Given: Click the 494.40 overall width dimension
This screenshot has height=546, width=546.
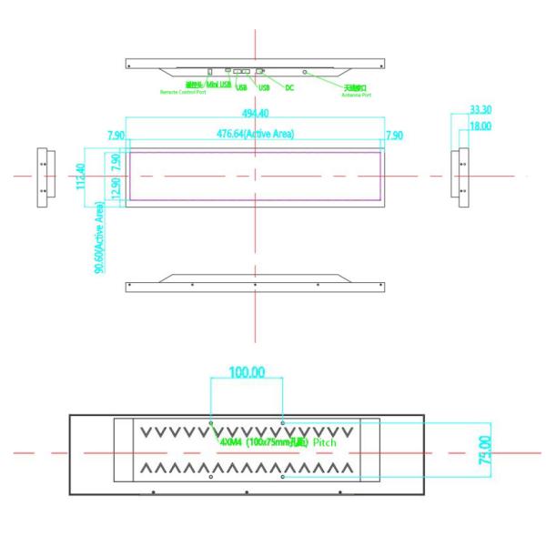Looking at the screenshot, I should tap(255, 114).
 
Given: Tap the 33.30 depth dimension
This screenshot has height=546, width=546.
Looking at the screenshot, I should tap(480, 109).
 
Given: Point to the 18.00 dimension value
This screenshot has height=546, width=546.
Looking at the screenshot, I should tap(480, 126).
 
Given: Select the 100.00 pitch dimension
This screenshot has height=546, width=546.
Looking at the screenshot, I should tap(246, 372).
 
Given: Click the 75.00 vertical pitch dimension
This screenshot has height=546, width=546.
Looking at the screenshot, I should tap(485, 450).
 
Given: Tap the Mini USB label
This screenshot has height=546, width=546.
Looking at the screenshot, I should tap(218, 84).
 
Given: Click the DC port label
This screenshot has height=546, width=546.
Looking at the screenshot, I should tap(289, 88).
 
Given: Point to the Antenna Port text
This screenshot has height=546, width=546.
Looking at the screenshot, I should tap(356, 95).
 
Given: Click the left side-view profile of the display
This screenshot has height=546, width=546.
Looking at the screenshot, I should tap(43, 177).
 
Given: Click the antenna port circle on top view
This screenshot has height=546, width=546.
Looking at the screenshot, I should tap(306, 71).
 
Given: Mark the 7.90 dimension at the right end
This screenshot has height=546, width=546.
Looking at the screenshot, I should tap(394, 135).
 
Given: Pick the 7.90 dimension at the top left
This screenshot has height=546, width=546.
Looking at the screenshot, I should tap(116, 135).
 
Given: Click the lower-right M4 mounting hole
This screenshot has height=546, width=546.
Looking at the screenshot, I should tap(283, 476).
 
